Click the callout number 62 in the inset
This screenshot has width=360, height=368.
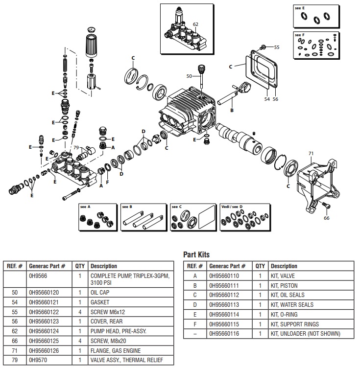[195, 24]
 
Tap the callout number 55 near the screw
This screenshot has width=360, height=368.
[277, 47]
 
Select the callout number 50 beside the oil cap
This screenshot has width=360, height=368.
[189, 76]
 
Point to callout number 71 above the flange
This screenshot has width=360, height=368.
[311, 154]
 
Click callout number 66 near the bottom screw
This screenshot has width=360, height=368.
[327, 219]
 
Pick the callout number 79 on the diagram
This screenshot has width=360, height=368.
[75, 147]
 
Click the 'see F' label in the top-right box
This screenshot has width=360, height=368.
[299, 35]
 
